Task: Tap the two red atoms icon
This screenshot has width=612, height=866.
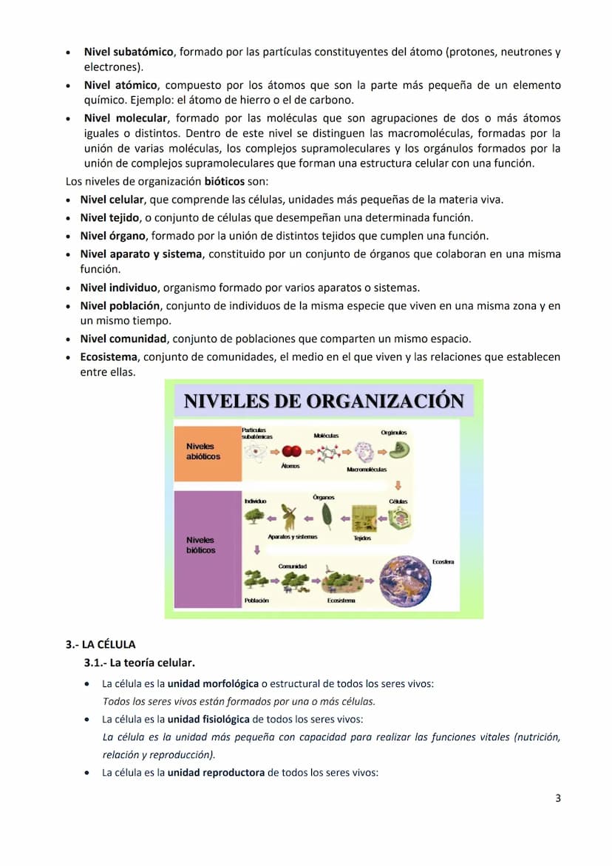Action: click(x=291, y=451)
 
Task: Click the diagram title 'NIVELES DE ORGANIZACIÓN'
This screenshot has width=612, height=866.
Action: click(x=323, y=402)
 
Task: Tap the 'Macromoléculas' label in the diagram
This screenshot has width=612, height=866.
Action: click(x=367, y=470)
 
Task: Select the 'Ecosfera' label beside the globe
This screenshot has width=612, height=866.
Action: click(x=443, y=563)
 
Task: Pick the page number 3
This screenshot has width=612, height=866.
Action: click(x=557, y=798)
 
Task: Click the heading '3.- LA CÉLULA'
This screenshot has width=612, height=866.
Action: click(x=101, y=644)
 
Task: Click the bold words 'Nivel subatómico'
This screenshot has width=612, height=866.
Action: click(x=129, y=53)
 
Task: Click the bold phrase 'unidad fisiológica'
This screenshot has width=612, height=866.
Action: click(x=208, y=719)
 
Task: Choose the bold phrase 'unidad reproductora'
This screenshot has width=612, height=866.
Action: click(x=215, y=773)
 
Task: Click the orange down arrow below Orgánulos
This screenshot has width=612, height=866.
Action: click(x=398, y=486)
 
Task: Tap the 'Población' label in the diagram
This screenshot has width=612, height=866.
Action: click(x=256, y=601)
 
